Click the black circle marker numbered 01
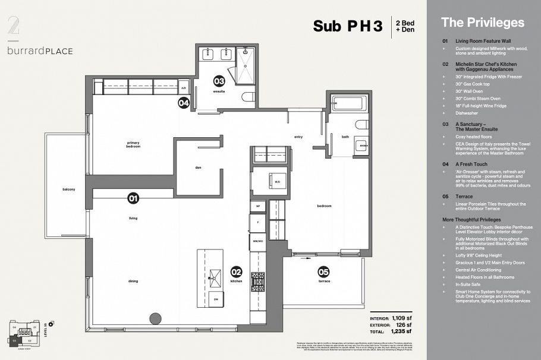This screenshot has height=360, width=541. point(133,198)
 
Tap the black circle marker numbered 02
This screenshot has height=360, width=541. point(237,271)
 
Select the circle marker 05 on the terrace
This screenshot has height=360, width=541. point(323,271)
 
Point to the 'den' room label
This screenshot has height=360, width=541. point(198,167)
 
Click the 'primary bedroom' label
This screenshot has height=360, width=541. point(133,144)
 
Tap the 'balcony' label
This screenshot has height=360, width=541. point(69,190)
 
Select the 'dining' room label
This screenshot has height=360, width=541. point(133,281)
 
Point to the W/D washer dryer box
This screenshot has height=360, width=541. point(276,182)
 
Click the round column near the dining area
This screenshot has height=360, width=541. point(156,318)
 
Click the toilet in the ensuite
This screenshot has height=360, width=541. point(249,97)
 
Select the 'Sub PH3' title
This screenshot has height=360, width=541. point(348,26)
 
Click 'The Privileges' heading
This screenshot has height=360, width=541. point(482,23)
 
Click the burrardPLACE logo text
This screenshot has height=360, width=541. point(40,51)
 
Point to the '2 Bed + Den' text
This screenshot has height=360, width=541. point(405,26)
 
